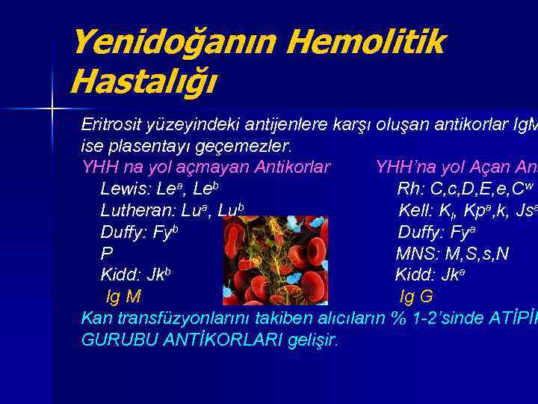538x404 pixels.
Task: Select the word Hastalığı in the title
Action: click(142, 81)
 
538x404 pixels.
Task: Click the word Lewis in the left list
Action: click(121, 187)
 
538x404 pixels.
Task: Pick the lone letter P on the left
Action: click(107, 254)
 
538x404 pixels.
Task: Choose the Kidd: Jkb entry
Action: click(135, 275)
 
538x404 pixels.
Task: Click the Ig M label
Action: click(124, 297)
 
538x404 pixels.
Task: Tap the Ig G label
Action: click(416, 297)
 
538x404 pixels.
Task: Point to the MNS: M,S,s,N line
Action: click(452, 254)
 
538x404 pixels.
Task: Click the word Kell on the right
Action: click(413, 209)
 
